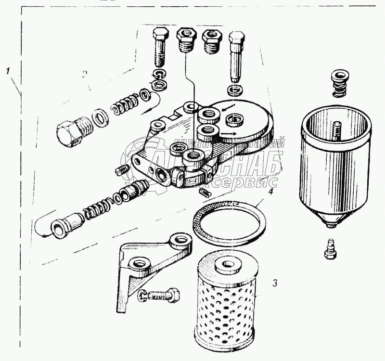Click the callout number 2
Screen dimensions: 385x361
click(84, 74)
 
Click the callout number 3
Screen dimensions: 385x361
click(274, 283)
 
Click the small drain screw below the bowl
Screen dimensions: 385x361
click(331, 245)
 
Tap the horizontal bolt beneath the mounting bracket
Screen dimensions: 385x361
click(159, 295)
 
